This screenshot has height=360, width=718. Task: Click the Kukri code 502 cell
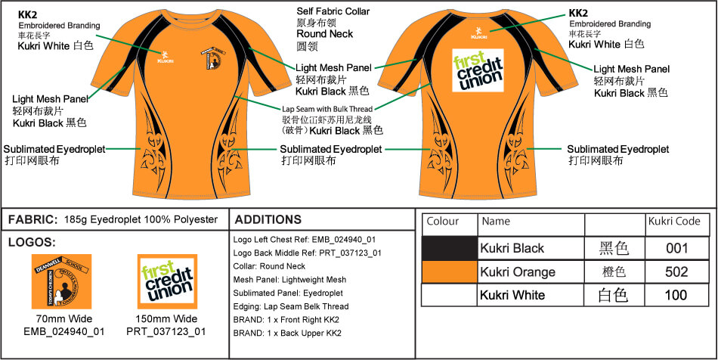pyautogui.click(x=676, y=272)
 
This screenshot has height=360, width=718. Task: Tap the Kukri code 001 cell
pyautogui.click(x=676, y=248)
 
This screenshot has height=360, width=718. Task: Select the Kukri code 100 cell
pyautogui.click(x=676, y=295)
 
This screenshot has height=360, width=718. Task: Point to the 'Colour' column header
pyautogui.click(x=443, y=222)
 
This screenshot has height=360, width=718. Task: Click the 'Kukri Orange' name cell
pyautogui.click(x=518, y=272)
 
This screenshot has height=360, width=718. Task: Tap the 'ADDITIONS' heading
pyautogui.click(x=268, y=220)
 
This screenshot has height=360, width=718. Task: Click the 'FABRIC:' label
pyautogui.click(x=32, y=220)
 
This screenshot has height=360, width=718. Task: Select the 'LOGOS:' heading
pyautogui.click(x=30, y=243)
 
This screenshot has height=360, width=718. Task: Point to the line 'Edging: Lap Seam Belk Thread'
pyautogui.click(x=291, y=306)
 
